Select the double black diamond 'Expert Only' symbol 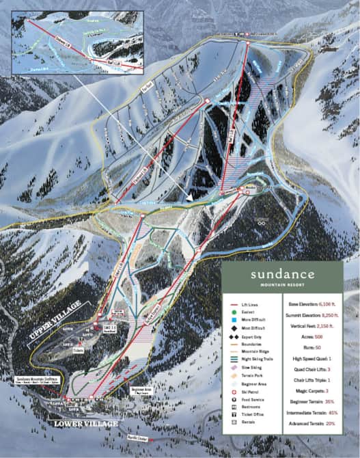234,336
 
